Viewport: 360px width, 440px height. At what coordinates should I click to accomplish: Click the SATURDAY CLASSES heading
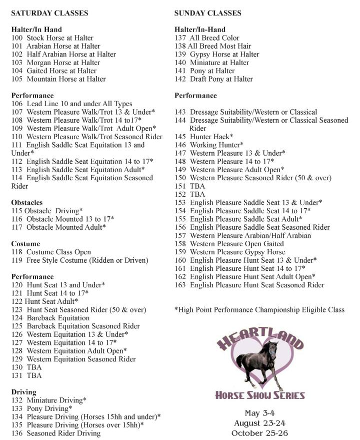(49, 13)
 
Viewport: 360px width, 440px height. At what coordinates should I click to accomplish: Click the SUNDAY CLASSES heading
(207, 13)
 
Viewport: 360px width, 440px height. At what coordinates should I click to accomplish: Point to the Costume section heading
(25, 244)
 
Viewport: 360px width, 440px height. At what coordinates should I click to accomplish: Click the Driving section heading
(24, 392)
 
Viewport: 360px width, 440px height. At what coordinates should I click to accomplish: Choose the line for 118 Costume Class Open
(51, 252)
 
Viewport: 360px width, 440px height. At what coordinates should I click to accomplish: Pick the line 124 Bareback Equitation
(50, 318)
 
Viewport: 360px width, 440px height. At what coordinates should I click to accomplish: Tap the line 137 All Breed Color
(207, 38)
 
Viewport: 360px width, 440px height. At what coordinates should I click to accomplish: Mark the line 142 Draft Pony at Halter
(213, 79)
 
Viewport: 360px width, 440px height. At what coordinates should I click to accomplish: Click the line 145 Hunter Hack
(204, 137)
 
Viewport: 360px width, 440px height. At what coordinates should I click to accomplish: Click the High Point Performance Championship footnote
(259, 310)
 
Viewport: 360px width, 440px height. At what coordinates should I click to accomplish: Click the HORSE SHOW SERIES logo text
(260, 395)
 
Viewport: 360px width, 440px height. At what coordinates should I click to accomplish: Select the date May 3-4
(259, 414)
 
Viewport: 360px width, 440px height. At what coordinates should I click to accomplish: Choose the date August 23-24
(260, 423)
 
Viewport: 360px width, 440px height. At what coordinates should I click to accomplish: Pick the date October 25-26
(260, 433)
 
